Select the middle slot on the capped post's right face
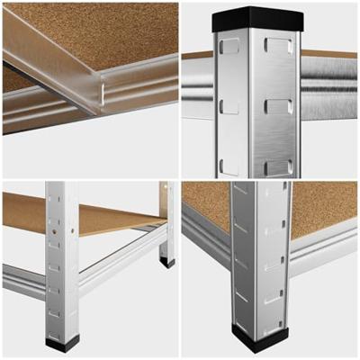click(278, 105)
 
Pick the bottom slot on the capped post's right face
click(278, 166)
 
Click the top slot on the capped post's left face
click(229, 45)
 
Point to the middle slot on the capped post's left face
click(229, 106)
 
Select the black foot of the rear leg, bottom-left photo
click(167, 263)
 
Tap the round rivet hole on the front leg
click(55, 242)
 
